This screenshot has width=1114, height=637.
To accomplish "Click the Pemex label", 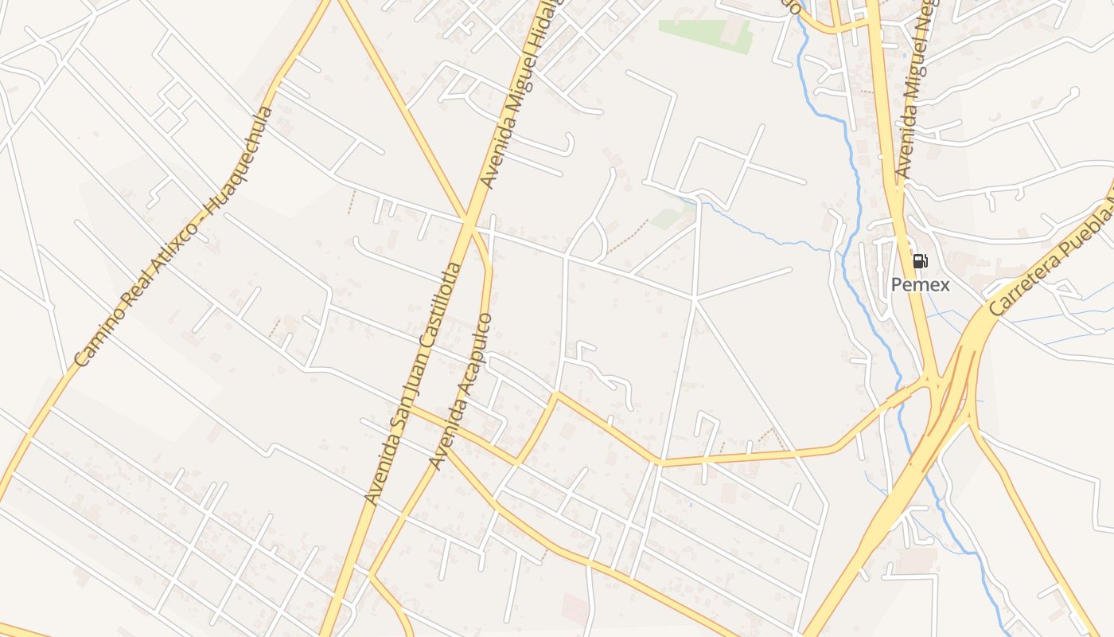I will click(920, 284).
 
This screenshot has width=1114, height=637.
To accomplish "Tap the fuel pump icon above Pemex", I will click(920, 261).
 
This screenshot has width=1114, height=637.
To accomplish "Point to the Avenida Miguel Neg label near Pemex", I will click(915, 88).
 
